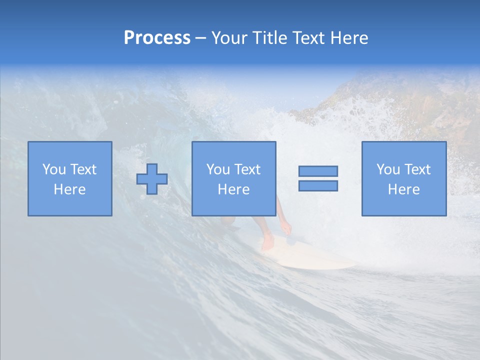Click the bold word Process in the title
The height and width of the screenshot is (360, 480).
click(x=157, y=38)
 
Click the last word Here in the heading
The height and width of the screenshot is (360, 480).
click(x=349, y=38)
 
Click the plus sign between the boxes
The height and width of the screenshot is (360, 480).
click(x=152, y=179)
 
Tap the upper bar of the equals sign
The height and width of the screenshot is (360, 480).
click(x=318, y=171)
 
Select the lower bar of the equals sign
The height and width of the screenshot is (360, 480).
click(x=318, y=185)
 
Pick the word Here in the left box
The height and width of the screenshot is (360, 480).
click(x=69, y=189)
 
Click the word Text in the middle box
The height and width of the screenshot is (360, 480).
click(x=247, y=169)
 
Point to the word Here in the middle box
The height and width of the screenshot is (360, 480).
click(x=233, y=189)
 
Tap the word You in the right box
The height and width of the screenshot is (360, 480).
click(x=388, y=169)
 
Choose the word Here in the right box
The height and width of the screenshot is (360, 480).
click(x=403, y=189)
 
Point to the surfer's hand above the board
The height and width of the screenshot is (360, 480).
click(x=285, y=229)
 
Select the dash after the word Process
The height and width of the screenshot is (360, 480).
click(x=200, y=38)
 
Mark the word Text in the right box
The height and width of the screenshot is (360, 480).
click(x=417, y=169)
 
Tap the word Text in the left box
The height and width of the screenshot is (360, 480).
click(x=83, y=169)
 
